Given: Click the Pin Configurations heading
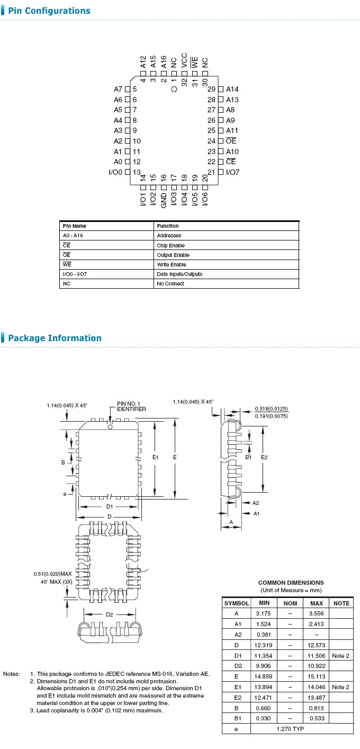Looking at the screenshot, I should click(x=49, y=11).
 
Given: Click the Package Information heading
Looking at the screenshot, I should click(x=55, y=338).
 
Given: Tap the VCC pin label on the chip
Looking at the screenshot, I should click(x=184, y=59).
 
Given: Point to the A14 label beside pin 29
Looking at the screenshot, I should click(x=232, y=89).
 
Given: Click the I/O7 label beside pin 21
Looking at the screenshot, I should click(x=233, y=172).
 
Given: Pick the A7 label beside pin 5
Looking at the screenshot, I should click(x=118, y=89).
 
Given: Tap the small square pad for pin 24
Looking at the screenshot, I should click(x=221, y=141).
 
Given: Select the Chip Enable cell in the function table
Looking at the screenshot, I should click(x=170, y=245).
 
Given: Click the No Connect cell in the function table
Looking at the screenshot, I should click(x=170, y=283).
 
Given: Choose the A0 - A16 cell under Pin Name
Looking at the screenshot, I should click(x=74, y=235).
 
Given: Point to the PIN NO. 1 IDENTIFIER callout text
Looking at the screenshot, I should click(x=131, y=406).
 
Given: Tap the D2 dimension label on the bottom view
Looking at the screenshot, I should click(x=109, y=614).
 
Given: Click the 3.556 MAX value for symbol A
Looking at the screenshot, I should click(x=316, y=613).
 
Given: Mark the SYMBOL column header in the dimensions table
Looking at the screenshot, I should click(x=237, y=603).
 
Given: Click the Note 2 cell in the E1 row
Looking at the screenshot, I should click(x=340, y=687).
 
